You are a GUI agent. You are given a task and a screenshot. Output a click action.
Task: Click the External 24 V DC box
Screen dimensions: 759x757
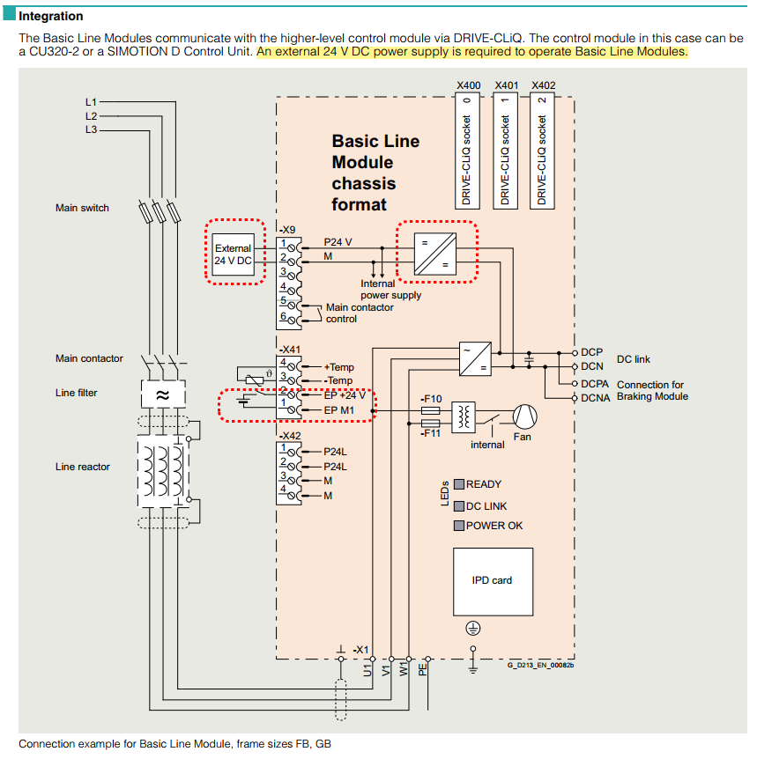[234, 254]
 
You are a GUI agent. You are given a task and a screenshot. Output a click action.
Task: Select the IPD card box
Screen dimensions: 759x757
[492, 581]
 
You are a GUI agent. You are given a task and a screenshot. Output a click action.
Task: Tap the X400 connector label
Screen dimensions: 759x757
[469, 85]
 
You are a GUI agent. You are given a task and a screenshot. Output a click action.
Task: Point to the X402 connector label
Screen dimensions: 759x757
[544, 85]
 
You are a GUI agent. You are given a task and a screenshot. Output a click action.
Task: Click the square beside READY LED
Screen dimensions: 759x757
[459, 484]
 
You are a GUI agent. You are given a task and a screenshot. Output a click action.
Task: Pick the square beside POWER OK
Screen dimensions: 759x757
[459, 526]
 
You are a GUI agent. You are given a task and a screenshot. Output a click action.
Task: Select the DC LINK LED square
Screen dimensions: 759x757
[459, 506]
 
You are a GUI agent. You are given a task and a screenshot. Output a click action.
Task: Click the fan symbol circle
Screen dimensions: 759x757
[524, 415]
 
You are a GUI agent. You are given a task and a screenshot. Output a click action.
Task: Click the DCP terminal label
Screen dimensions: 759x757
[592, 352]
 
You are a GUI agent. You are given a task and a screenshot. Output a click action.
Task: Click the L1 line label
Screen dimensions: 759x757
[92, 102]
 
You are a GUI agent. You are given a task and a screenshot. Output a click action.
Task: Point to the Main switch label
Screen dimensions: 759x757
[82, 208]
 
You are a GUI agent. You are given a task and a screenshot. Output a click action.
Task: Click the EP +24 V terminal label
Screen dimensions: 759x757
[345, 395]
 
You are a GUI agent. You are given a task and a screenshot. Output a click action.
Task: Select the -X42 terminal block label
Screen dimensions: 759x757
[290, 436]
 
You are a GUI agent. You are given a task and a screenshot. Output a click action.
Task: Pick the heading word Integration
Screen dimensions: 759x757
[51, 16]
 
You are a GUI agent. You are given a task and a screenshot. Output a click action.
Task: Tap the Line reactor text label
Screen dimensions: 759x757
[83, 467]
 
